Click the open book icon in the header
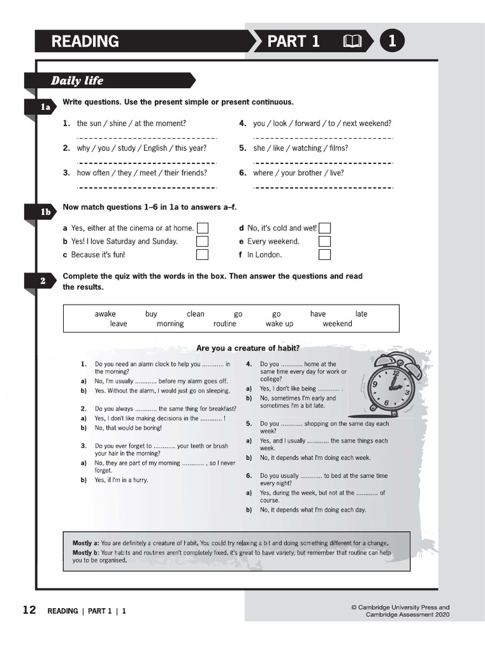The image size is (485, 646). tap(352, 42)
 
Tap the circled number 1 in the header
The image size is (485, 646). tap(392, 42)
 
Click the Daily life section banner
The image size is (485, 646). tap(77, 81)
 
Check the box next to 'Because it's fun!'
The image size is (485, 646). tap(202, 255)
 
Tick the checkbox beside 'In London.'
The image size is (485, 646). tap(325, 255)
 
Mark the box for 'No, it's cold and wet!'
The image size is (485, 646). tap(325, 228)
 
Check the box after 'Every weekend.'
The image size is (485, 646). tap(325, 242)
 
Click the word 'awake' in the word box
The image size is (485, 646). tap(105, 314)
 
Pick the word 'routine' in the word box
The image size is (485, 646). tap(225, 324)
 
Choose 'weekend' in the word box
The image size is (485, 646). tap(337, 324)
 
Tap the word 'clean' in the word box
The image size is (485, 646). tap(195, 314)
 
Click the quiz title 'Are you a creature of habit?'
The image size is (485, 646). tap(248, 348)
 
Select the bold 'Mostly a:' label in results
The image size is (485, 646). tap(85, 543)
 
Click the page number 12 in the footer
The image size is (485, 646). tap(29, 610)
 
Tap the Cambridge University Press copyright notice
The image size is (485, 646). tap(400, 611)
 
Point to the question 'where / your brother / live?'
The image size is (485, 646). tap(298, 173)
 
